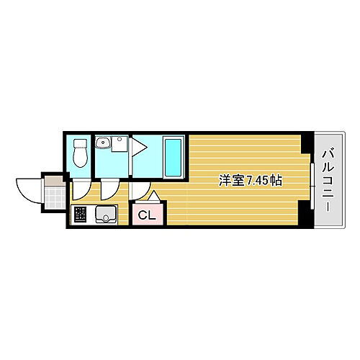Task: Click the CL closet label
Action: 146,215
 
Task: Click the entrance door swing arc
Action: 29,189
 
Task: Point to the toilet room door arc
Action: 81,189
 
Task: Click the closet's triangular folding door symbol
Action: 154,196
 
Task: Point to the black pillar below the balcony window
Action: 309,216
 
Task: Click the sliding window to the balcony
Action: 313,180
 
